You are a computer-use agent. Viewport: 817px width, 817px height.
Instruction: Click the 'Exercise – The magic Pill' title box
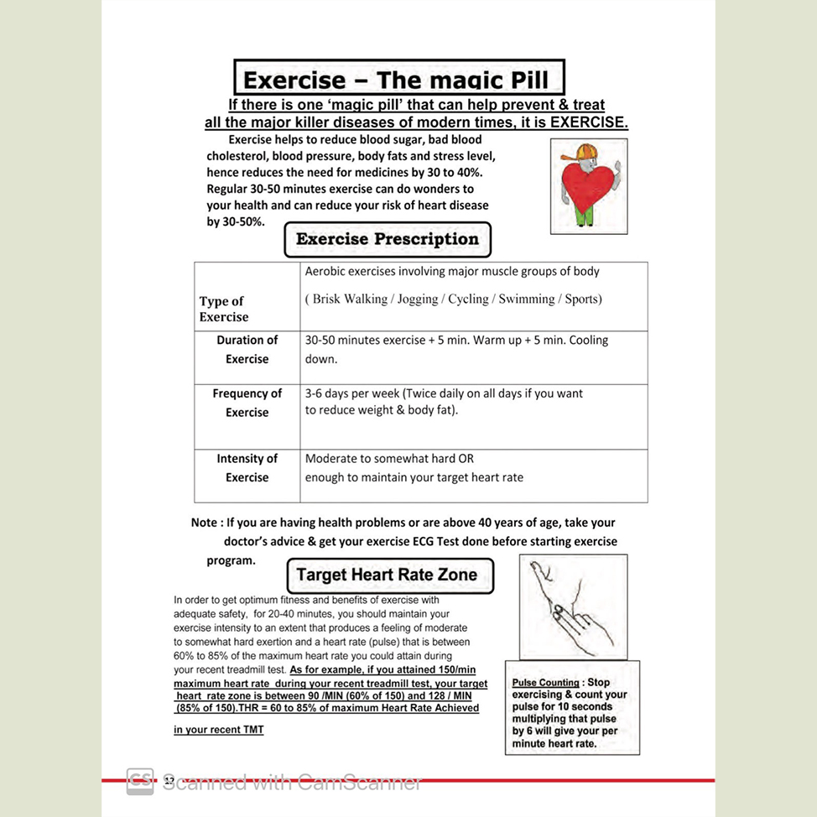point(398,80)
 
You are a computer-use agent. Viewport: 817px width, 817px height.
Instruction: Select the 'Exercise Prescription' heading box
point(388,239)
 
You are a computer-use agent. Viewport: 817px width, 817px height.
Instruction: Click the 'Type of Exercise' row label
point(223,309)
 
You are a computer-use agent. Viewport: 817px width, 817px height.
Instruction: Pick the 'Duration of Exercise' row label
point(247,350)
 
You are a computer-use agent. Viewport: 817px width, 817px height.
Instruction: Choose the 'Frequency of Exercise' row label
point(247,403)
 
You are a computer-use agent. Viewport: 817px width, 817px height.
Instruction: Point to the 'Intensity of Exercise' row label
point(247,468)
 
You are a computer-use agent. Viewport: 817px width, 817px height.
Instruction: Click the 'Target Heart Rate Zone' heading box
point(387,575)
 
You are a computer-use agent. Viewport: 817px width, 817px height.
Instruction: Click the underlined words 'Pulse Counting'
point(545,683)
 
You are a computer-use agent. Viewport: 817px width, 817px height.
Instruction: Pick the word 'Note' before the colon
point(204,523)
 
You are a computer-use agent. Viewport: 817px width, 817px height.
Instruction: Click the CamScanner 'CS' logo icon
point(139,782)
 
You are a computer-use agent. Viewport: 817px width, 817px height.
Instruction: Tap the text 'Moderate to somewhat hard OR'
point(389,459)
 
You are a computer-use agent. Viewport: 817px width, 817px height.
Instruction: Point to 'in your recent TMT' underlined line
point(218,730)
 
